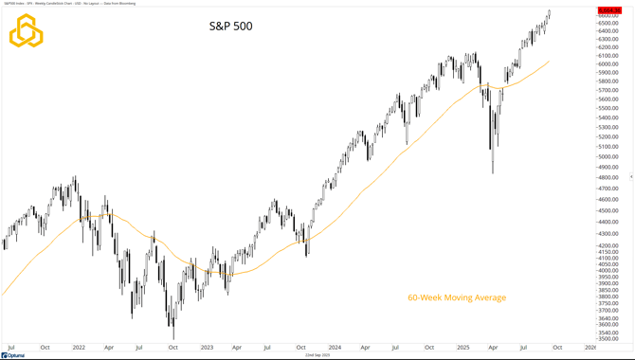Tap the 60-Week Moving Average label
[x=457, y=297]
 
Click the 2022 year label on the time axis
[x=79, y=348]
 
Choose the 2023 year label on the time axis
[x=207, y=348]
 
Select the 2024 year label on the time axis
[x=335, y=348]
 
